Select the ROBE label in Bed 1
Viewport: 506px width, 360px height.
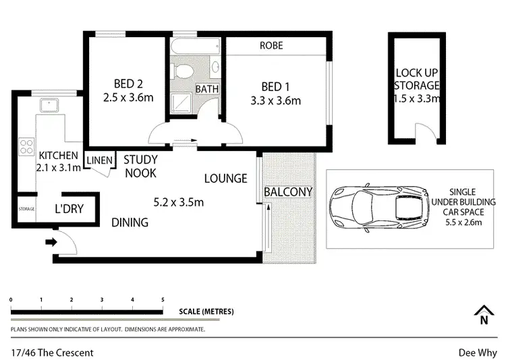click(x=271, y=46)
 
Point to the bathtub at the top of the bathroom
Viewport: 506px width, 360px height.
click(x=196, y=47)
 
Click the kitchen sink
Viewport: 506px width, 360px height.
click(x=49, y=104)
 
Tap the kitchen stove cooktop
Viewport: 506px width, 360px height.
click(x=27, y=145)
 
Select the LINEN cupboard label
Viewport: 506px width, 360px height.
click(x=98, y=160)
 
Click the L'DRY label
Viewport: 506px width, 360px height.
click(x=69, y=209)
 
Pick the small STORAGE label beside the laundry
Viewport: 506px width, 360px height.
click(x=26, y=209)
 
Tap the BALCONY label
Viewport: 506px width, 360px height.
click(x=288, y=192)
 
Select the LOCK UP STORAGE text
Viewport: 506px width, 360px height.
click(x=417, y=86)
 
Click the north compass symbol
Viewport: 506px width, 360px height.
click(x=483, y=316)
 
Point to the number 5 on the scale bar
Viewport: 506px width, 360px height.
click(x=162, y=299)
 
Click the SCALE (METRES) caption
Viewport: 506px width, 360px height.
click(x=206, y=311)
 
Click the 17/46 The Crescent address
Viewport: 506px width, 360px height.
click(x=52, y=352)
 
